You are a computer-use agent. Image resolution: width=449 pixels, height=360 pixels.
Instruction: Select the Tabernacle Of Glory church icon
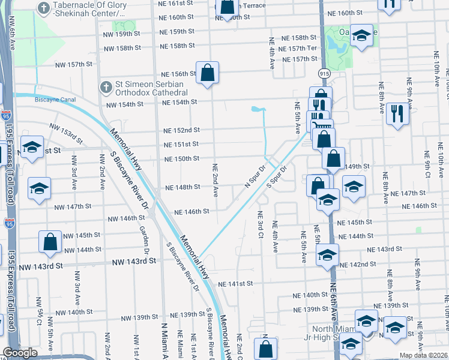[44, 7]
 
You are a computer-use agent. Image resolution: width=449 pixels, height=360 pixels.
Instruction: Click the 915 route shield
[324, 73]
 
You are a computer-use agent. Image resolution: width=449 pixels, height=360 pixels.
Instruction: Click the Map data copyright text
[424, 355]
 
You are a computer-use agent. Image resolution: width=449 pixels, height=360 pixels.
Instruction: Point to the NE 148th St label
[182, 187]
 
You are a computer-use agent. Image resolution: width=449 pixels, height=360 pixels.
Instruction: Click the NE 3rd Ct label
[261, 225]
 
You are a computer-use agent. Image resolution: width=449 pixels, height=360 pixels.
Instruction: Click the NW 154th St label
[125, 104]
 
